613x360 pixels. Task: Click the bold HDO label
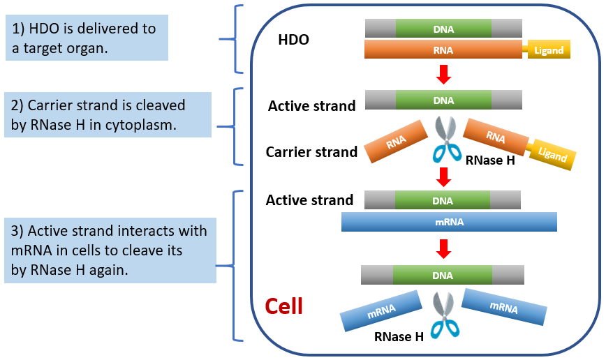pos(294,40)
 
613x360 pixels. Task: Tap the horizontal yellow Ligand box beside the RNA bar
pos(549,50)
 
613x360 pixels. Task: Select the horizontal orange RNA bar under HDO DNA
pos(443,50)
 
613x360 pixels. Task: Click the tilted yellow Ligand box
pos(553,154)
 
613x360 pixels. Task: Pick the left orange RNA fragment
pos(396,142)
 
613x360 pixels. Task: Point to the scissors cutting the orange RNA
pos(447,140)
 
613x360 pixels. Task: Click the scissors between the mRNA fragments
pos(445,315)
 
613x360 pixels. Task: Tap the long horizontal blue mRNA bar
pos(449,222)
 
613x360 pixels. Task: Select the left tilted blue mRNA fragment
pos(381,311)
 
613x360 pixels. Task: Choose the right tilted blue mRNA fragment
pos(504,307)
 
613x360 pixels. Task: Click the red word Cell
pos(284,306)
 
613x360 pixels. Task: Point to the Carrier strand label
pos(311,152)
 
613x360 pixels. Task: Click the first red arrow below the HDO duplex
pos(443,74)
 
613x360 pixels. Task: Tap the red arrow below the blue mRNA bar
pos(443,248)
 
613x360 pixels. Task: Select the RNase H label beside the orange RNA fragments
pos(490,160)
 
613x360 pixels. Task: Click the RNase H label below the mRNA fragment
pos(399,336)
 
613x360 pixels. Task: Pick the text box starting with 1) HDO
pos(87,38)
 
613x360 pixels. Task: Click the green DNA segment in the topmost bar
pos(443,29)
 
